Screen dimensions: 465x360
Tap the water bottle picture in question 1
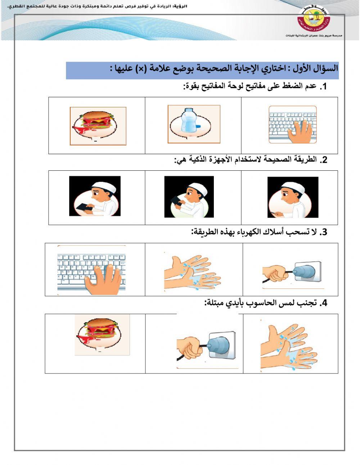pyautogui.click(x=194, y=124)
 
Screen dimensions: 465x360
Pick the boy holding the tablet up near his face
pyautogui.click(x=189, y=197)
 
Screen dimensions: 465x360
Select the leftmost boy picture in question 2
pyautogui.click(x=95, y=196)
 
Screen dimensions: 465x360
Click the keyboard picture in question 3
pyautogui.click(x=91, y=270)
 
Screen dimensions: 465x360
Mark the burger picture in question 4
pyautogui.click(x=102, y=335)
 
